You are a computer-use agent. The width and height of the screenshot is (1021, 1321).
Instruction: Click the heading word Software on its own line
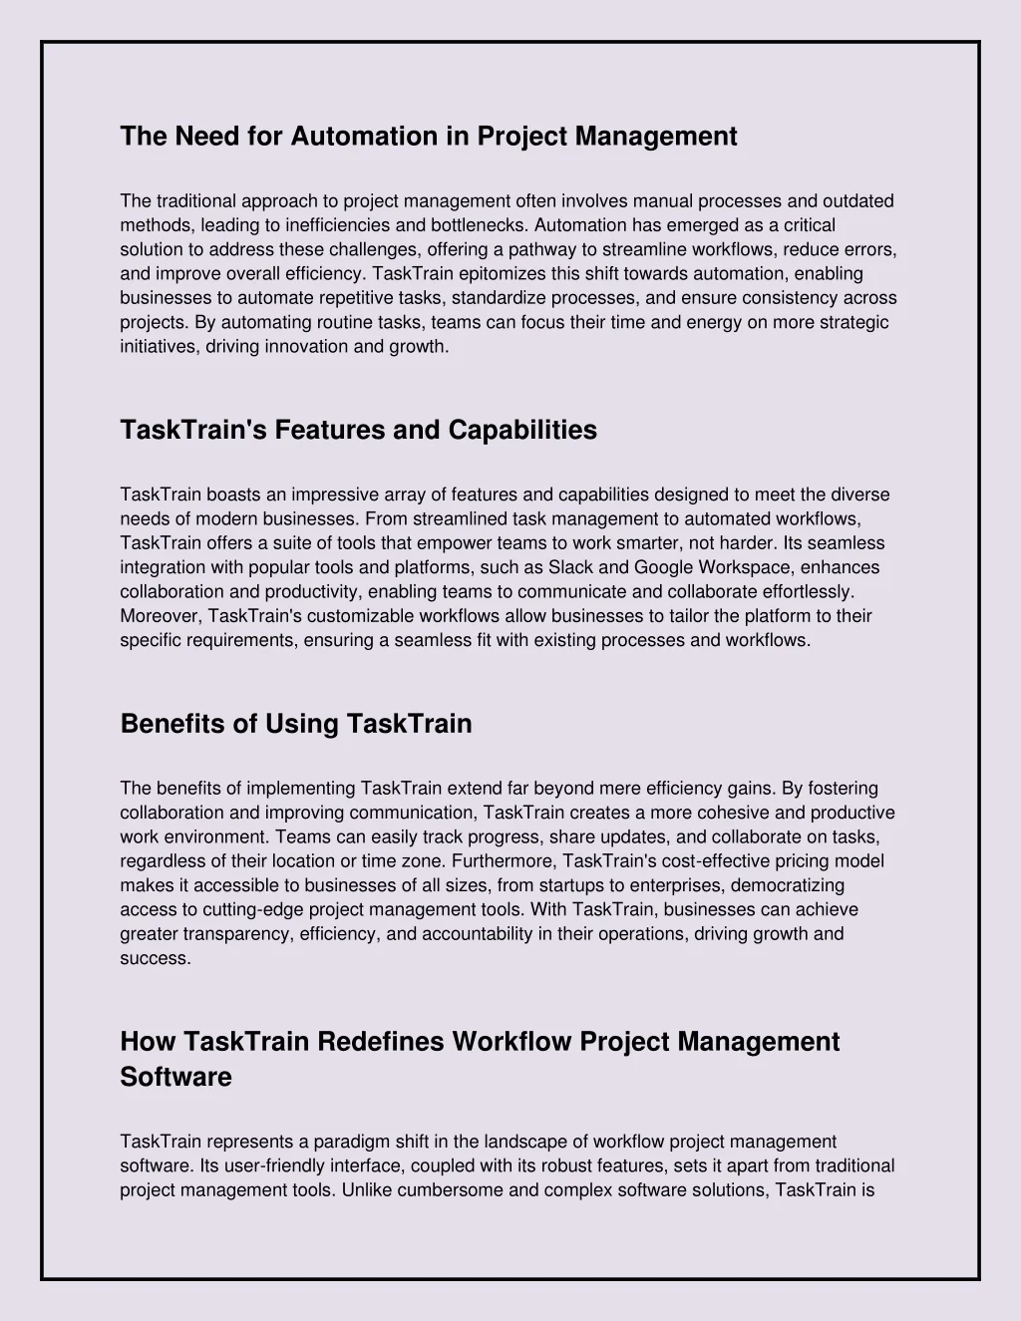[x=175, y=1077]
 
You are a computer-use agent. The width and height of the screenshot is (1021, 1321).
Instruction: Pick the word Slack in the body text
[x=571, y=567]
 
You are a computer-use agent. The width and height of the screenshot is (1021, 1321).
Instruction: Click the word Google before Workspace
[x=665, y=567]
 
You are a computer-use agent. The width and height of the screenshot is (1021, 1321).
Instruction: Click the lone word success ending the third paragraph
[x=155, y=958]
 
